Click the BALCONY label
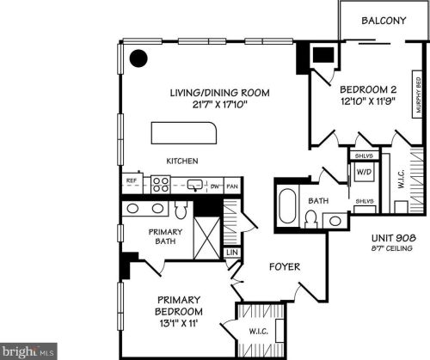coord(383,21)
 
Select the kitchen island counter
coord(185,133)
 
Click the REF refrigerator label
coord(132,181)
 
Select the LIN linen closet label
coord(230,253)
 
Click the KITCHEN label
coord(182,161)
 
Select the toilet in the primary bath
coord(181,210)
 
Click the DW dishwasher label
coord(215,185)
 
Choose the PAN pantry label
coord(231,185)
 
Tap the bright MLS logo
coord(29,351)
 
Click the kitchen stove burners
coord(161,183)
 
